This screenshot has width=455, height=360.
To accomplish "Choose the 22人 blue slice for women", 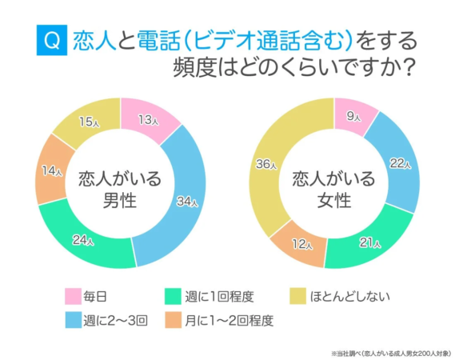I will pos(398,164).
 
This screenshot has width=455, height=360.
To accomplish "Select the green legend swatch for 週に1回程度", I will pos(174,298).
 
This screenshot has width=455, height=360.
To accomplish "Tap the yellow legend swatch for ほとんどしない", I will pos(296,298).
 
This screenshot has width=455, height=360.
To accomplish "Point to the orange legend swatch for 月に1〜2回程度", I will pos(174,321).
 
